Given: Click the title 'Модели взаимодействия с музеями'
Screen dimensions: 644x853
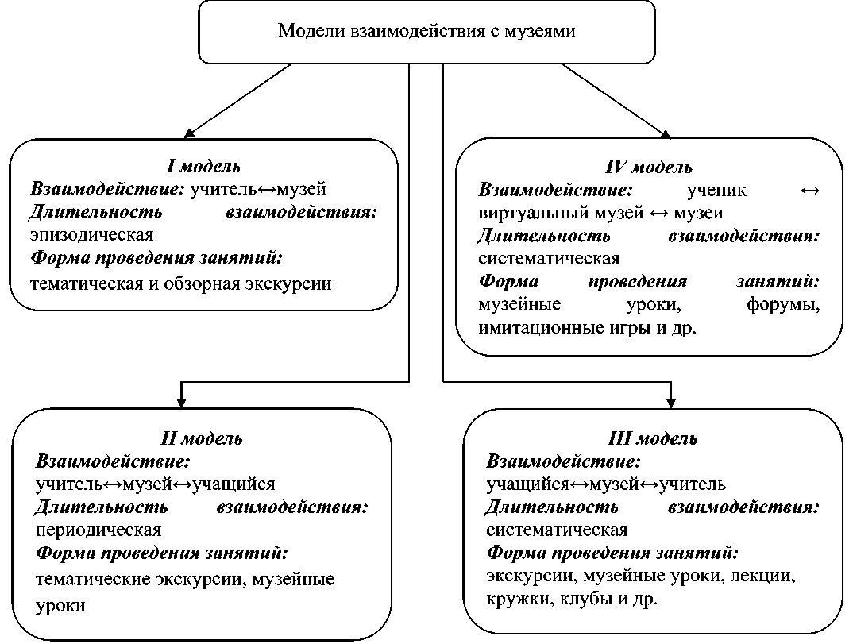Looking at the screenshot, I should pos(426,32).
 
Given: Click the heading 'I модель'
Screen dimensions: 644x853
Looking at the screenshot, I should pos(203,167).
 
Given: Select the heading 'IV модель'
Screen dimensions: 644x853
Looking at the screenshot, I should pos(649,168).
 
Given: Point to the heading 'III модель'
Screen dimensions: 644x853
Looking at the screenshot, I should pos(653,439).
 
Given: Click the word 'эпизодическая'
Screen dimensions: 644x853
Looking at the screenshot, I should pos(91,235).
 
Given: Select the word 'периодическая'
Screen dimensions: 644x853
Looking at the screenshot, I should pos(98,530).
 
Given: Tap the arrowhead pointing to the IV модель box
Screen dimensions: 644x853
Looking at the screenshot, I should pos(664,131).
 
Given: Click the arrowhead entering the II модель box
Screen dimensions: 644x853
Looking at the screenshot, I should pos(182,399).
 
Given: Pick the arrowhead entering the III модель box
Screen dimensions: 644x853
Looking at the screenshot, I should pos(671,399).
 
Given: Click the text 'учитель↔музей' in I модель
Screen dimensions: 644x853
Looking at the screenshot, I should pos(259,190).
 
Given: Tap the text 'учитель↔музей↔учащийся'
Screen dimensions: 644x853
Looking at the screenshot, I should pos(156,484).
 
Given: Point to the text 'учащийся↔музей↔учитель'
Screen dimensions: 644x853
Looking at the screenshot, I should pos(606,484).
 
